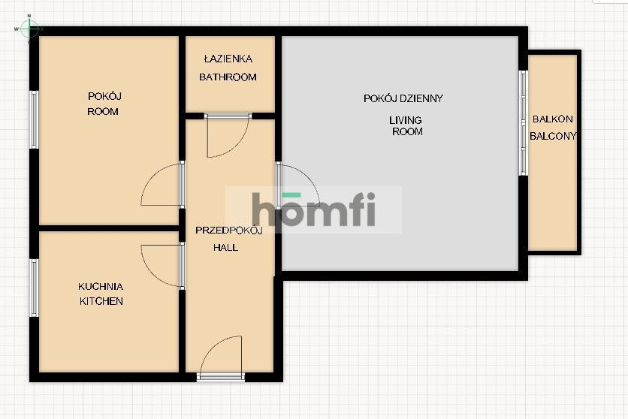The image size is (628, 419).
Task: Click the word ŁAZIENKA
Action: [228, 59]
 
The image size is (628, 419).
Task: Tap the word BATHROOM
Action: [228, 77]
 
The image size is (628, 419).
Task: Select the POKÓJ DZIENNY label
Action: [403, 98]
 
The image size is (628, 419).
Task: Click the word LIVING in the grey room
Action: [405, 120]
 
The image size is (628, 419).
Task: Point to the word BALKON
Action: [553, 119]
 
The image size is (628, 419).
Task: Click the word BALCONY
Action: [553, 136]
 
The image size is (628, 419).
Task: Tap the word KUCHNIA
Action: [101, 286]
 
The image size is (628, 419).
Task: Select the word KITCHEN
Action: [101, 301]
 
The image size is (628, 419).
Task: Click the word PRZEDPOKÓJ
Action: [228, 231]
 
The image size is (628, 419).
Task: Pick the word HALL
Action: [225, 247]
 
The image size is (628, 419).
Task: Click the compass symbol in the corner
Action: [29, 29]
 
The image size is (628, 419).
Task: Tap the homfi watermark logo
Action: [313, 209]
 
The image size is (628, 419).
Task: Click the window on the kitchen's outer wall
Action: [33, 288]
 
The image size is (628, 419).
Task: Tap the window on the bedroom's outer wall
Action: [33, 119]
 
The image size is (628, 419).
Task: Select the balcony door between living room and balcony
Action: [522, 122]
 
